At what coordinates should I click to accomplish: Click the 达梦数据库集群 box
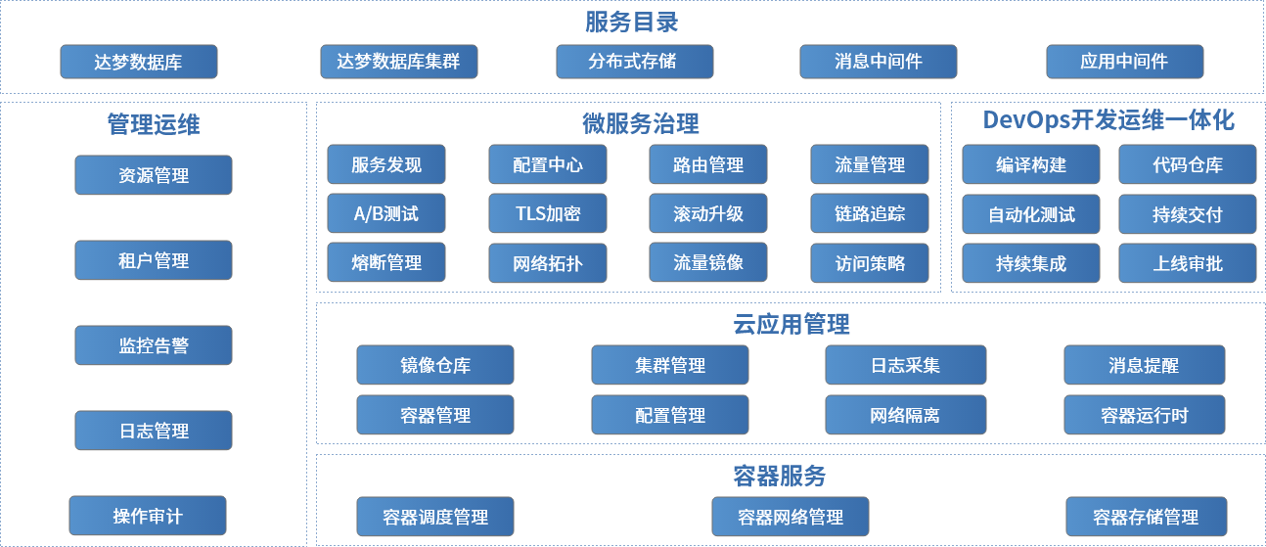pos(398,62)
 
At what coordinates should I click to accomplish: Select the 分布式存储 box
pos(634,62)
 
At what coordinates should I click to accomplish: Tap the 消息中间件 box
pos(878,62)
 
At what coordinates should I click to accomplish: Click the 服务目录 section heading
pos(632,22)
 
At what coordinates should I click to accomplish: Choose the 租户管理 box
pos(154,261)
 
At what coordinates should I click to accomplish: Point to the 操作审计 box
pos(148,516)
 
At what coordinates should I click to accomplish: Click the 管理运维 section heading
pos(154,124)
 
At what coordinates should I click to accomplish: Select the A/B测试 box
pos(386,213)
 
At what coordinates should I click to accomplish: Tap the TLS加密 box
pos(548,213)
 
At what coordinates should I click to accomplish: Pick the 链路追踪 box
pos(870,213)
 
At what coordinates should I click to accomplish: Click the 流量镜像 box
pos(708,262)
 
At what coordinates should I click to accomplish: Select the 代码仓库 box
pos(1187,164)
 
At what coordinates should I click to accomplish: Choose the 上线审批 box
pos(1187,262)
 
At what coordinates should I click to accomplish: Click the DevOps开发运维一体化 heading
pos(1108,120)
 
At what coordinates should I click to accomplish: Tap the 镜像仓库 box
pos(435,365)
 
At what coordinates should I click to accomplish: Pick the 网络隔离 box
pos(905,415)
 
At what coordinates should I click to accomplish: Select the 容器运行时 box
pos(1144,415)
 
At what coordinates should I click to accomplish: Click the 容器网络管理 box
pos(791,517)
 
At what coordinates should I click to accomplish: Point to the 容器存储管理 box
pos(1146,517)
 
